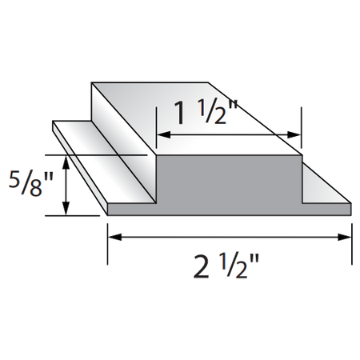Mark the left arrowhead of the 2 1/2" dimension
pos(113,236)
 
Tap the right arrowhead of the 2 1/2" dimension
pos(345,236)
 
